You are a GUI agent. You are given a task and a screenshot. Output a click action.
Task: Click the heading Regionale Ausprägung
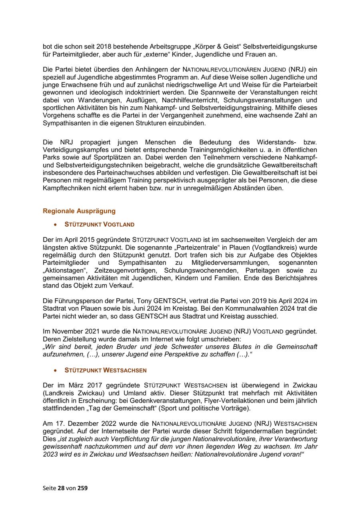tap(79, 211)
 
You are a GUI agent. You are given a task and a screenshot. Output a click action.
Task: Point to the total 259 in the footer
tap(82, 488)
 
